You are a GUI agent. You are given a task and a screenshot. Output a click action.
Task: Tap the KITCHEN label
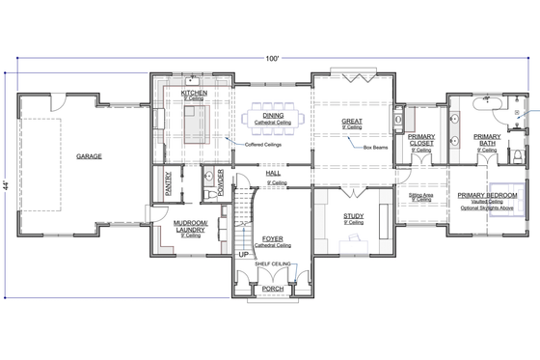(195, 93)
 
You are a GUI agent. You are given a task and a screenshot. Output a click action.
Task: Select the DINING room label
(265, 117)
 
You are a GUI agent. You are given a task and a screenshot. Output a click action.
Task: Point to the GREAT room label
(351, 122)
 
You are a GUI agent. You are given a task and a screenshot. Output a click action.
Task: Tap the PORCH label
(273, 288)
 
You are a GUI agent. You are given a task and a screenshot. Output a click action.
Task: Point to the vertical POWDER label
(220, 183)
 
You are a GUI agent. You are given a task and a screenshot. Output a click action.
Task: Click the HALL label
(274, 175)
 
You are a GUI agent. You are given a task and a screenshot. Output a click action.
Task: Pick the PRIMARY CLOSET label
(421, 141)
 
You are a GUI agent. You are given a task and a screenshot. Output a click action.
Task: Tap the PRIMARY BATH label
(487, 141)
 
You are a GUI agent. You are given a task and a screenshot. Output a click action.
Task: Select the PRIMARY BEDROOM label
(487, 195)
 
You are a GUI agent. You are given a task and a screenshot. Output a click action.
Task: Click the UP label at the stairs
(244, 254)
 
